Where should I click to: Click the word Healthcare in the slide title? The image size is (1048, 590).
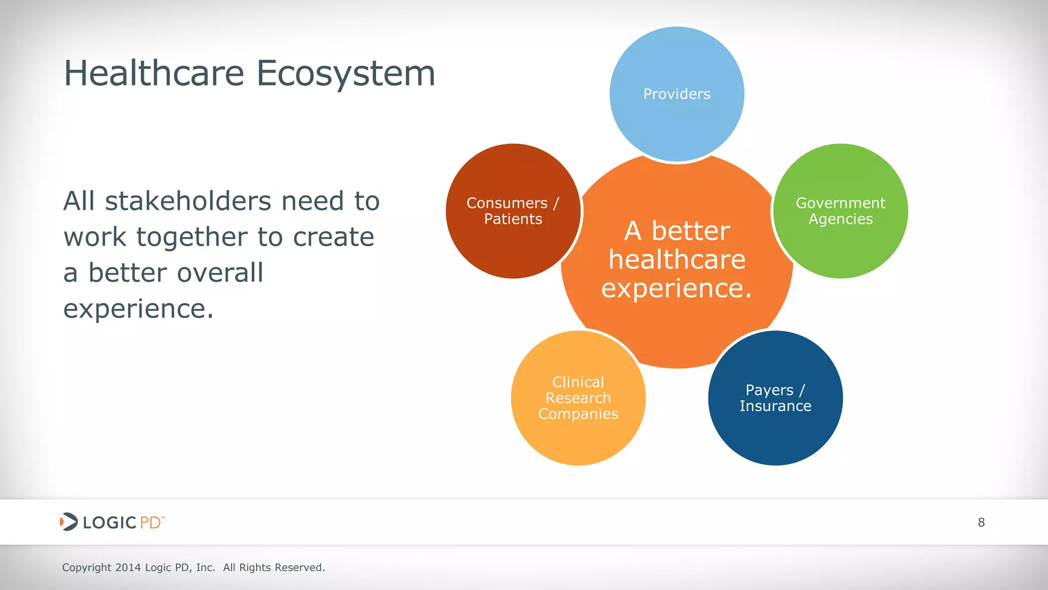[x=154, y=73]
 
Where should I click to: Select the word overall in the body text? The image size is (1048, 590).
[x=220, y=272]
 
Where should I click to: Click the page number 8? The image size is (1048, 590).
[x=981, y=522]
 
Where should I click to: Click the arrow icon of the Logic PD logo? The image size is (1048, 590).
[x=69, y=522]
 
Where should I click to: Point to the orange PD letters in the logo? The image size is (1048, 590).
[x=150, y=523]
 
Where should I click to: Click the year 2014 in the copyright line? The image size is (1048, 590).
[x=127, y=567]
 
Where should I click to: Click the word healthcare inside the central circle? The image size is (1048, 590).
[x=676, y=260]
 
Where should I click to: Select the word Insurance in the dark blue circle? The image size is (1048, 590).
[x=775, y=406]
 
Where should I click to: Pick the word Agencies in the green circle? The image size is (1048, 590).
[x=840, y=220]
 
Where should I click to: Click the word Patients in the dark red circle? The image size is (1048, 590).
[x=513, y=219]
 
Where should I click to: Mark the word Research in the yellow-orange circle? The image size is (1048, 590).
[x=578, y=398]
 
